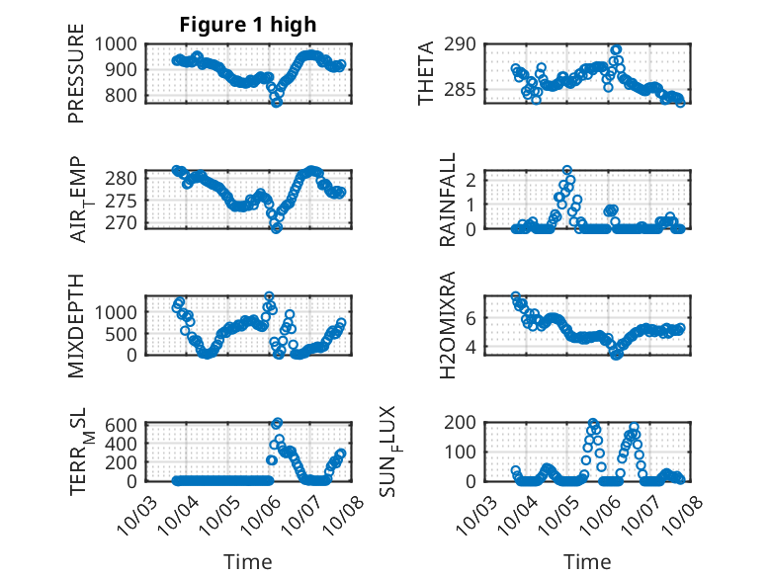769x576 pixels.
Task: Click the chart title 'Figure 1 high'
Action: tap(247, 25)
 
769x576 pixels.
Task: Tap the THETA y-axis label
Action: tap(426, 73)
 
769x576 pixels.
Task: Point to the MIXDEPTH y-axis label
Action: tap(76, 325)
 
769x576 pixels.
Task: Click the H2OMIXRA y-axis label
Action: tap(448, 325)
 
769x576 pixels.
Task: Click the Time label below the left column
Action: tap(247, 562)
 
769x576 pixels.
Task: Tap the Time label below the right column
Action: tap(587, 562)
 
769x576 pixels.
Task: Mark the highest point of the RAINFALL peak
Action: tap(567, 171)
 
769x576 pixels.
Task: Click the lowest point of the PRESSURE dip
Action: tap(277, 102)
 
